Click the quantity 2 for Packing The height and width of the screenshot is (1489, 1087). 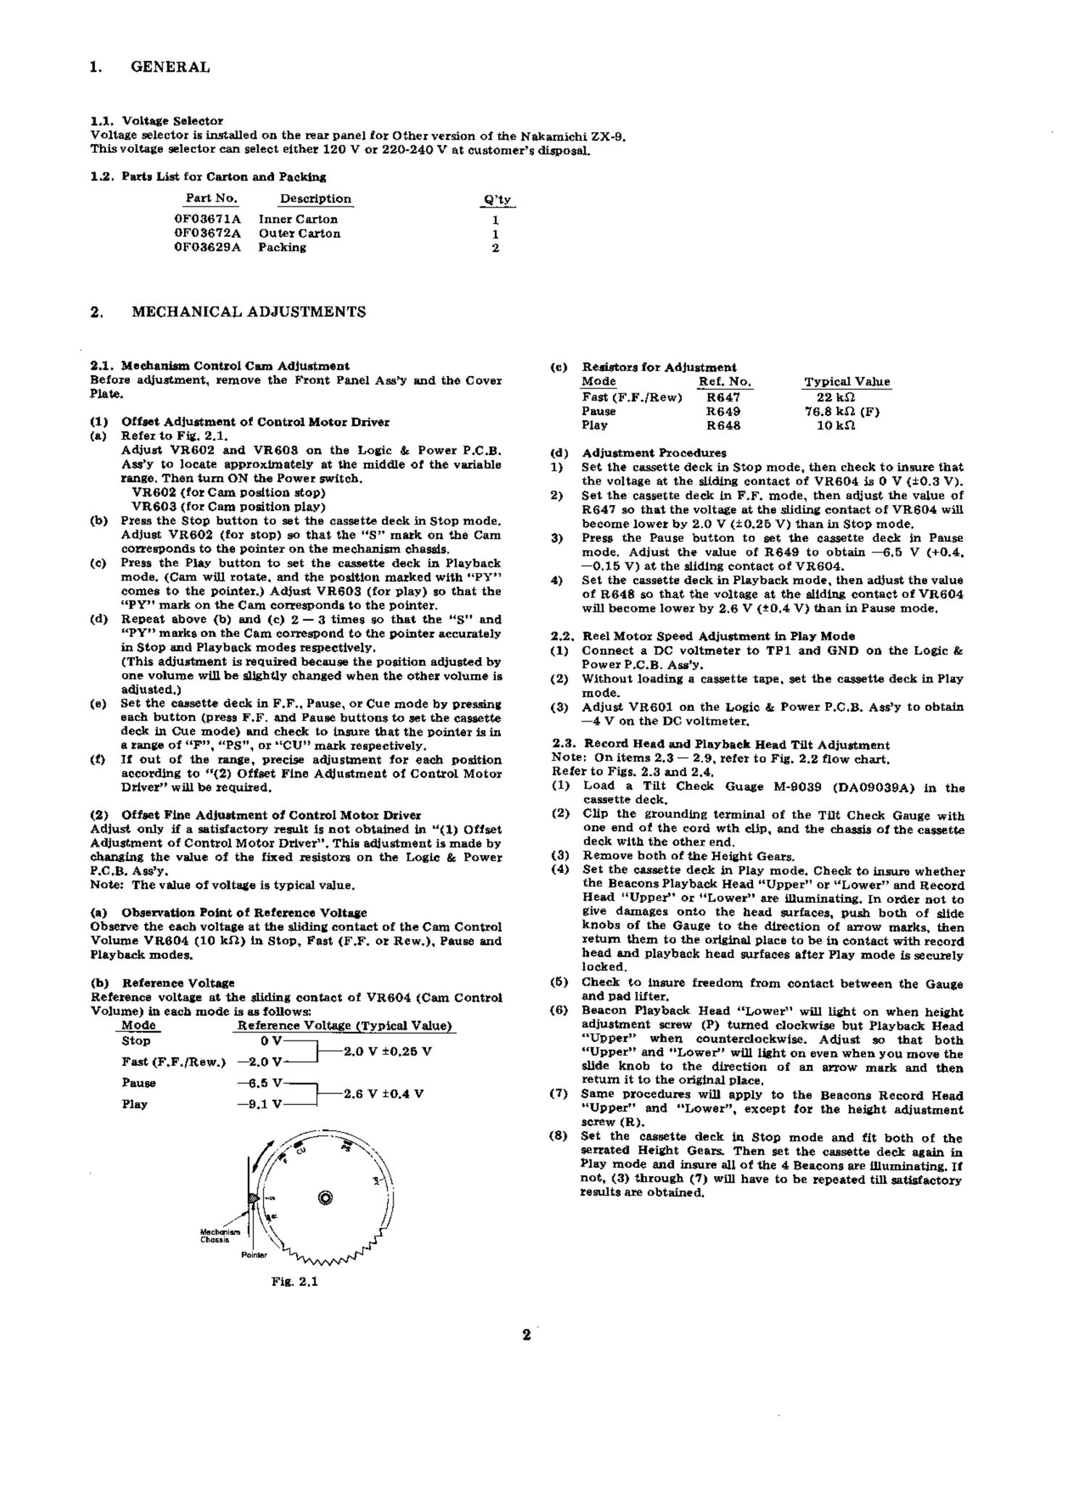tap(496, 248)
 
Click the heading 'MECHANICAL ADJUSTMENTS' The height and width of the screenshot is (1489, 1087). tap(249, 312)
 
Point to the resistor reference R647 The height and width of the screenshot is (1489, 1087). tap(723, 397)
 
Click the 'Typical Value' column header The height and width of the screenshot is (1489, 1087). tap(847, 382)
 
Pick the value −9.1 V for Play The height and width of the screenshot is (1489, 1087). tap(259, 1104)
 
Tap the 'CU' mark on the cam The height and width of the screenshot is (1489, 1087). tap(301, 1151)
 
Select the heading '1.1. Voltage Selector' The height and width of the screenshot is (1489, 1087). tap(157, 121)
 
